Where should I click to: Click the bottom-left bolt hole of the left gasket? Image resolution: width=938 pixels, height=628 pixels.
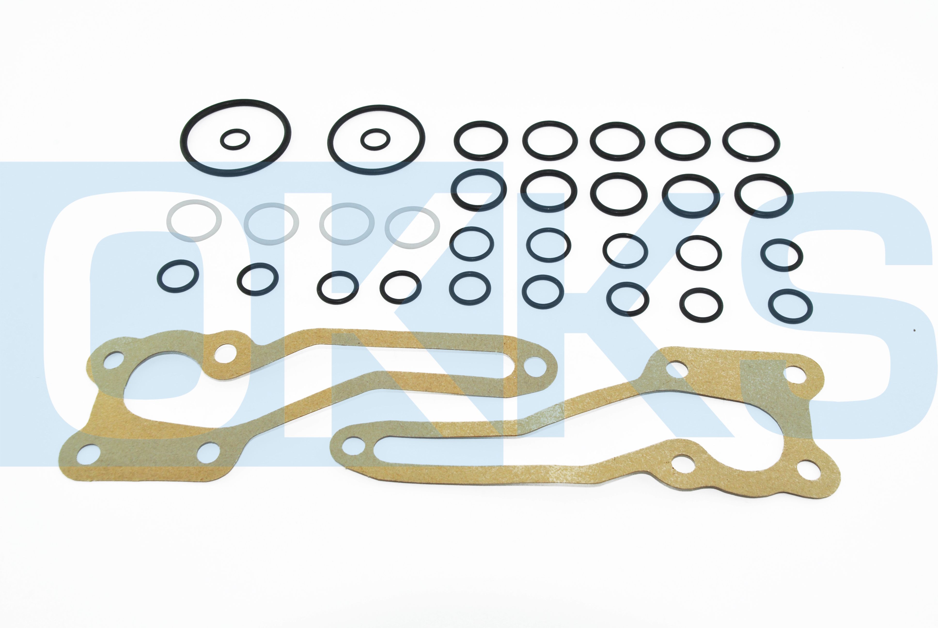[88, 453]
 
